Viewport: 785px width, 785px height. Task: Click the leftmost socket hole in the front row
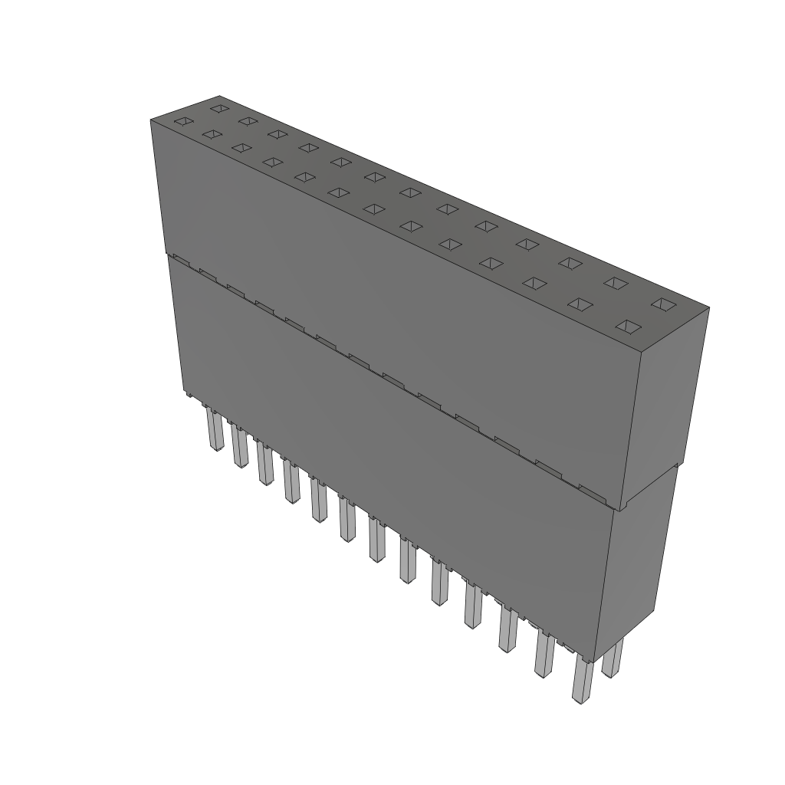pyautogui.click(x=182, y=121)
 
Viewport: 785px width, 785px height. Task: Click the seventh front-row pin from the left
pyautogui.click(x=376, y=540)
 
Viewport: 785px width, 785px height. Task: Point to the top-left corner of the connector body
pyautogui.click(x=150, y=120)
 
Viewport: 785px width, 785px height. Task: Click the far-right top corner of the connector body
pyautogui.click(x=709, y=308)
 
